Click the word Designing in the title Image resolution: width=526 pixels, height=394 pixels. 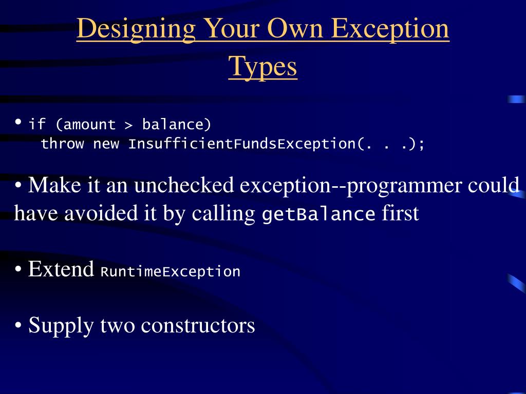136,29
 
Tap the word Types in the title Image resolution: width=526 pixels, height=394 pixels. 262,67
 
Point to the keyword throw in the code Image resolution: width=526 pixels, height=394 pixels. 62,144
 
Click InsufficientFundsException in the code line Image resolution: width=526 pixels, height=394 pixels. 241,144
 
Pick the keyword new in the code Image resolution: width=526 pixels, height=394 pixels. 106,144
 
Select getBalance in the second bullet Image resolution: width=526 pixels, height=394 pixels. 318,214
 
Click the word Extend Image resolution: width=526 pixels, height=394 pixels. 61,269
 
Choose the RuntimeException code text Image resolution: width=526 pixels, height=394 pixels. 171,271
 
